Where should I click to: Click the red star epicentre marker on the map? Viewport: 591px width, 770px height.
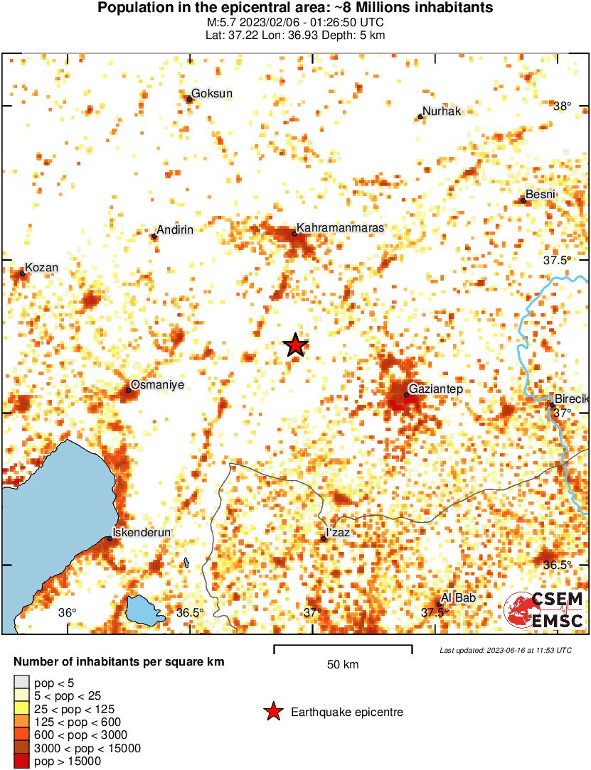(x=296, y=345)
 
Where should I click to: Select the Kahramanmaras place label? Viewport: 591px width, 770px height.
(x=340, y=228)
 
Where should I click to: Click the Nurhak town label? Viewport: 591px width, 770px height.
(x=442, y=112)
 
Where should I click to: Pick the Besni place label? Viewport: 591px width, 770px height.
(x=540, y=195)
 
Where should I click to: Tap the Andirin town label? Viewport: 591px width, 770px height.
(x=174, y=229)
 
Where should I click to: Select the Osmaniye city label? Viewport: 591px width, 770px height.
(x=157, y=384)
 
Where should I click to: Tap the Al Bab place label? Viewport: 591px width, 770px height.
(x=458, y=598)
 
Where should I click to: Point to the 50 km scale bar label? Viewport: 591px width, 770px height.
(x=343, y=665)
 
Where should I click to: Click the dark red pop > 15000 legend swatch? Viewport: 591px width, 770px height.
(x=21, y=761)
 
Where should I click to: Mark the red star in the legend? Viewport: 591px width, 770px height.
(x=272, y=712)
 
